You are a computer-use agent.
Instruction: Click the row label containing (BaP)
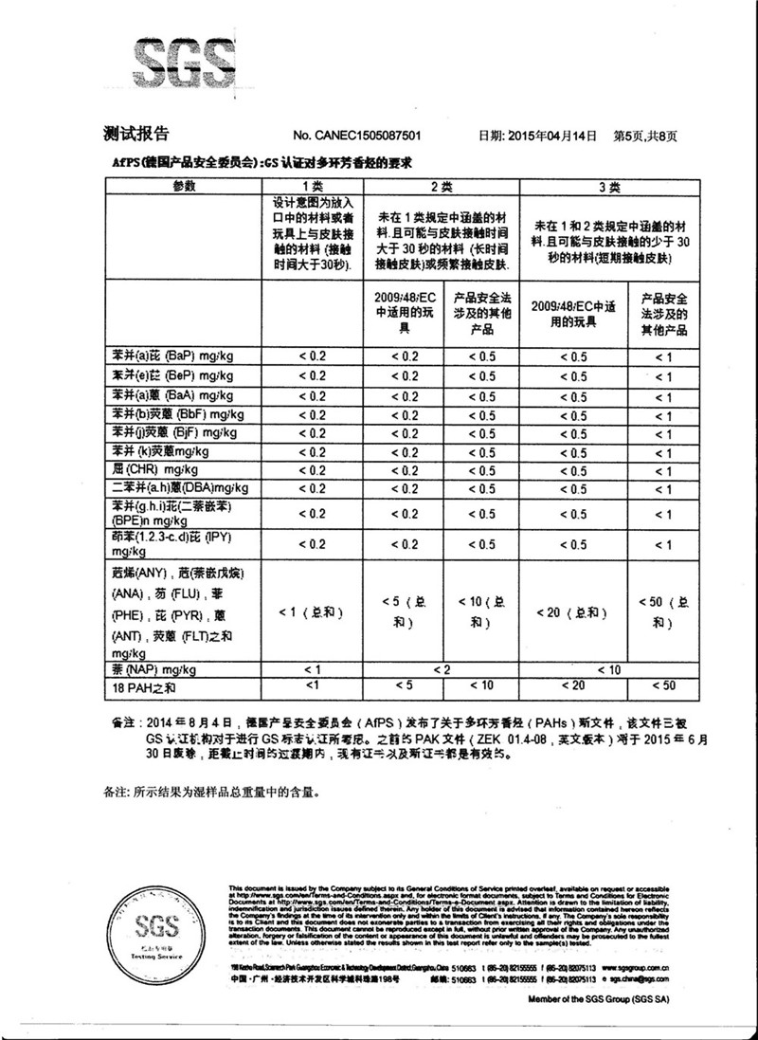tap(167, 356)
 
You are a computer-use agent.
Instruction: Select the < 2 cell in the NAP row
tap(442, 669)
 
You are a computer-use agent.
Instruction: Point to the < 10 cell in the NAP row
tap(610, 669)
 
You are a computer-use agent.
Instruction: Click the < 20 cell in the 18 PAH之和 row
tap(573, 685)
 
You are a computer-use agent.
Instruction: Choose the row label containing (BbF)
tap(167, 414)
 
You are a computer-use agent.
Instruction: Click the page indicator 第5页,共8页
tap(646, 137)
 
